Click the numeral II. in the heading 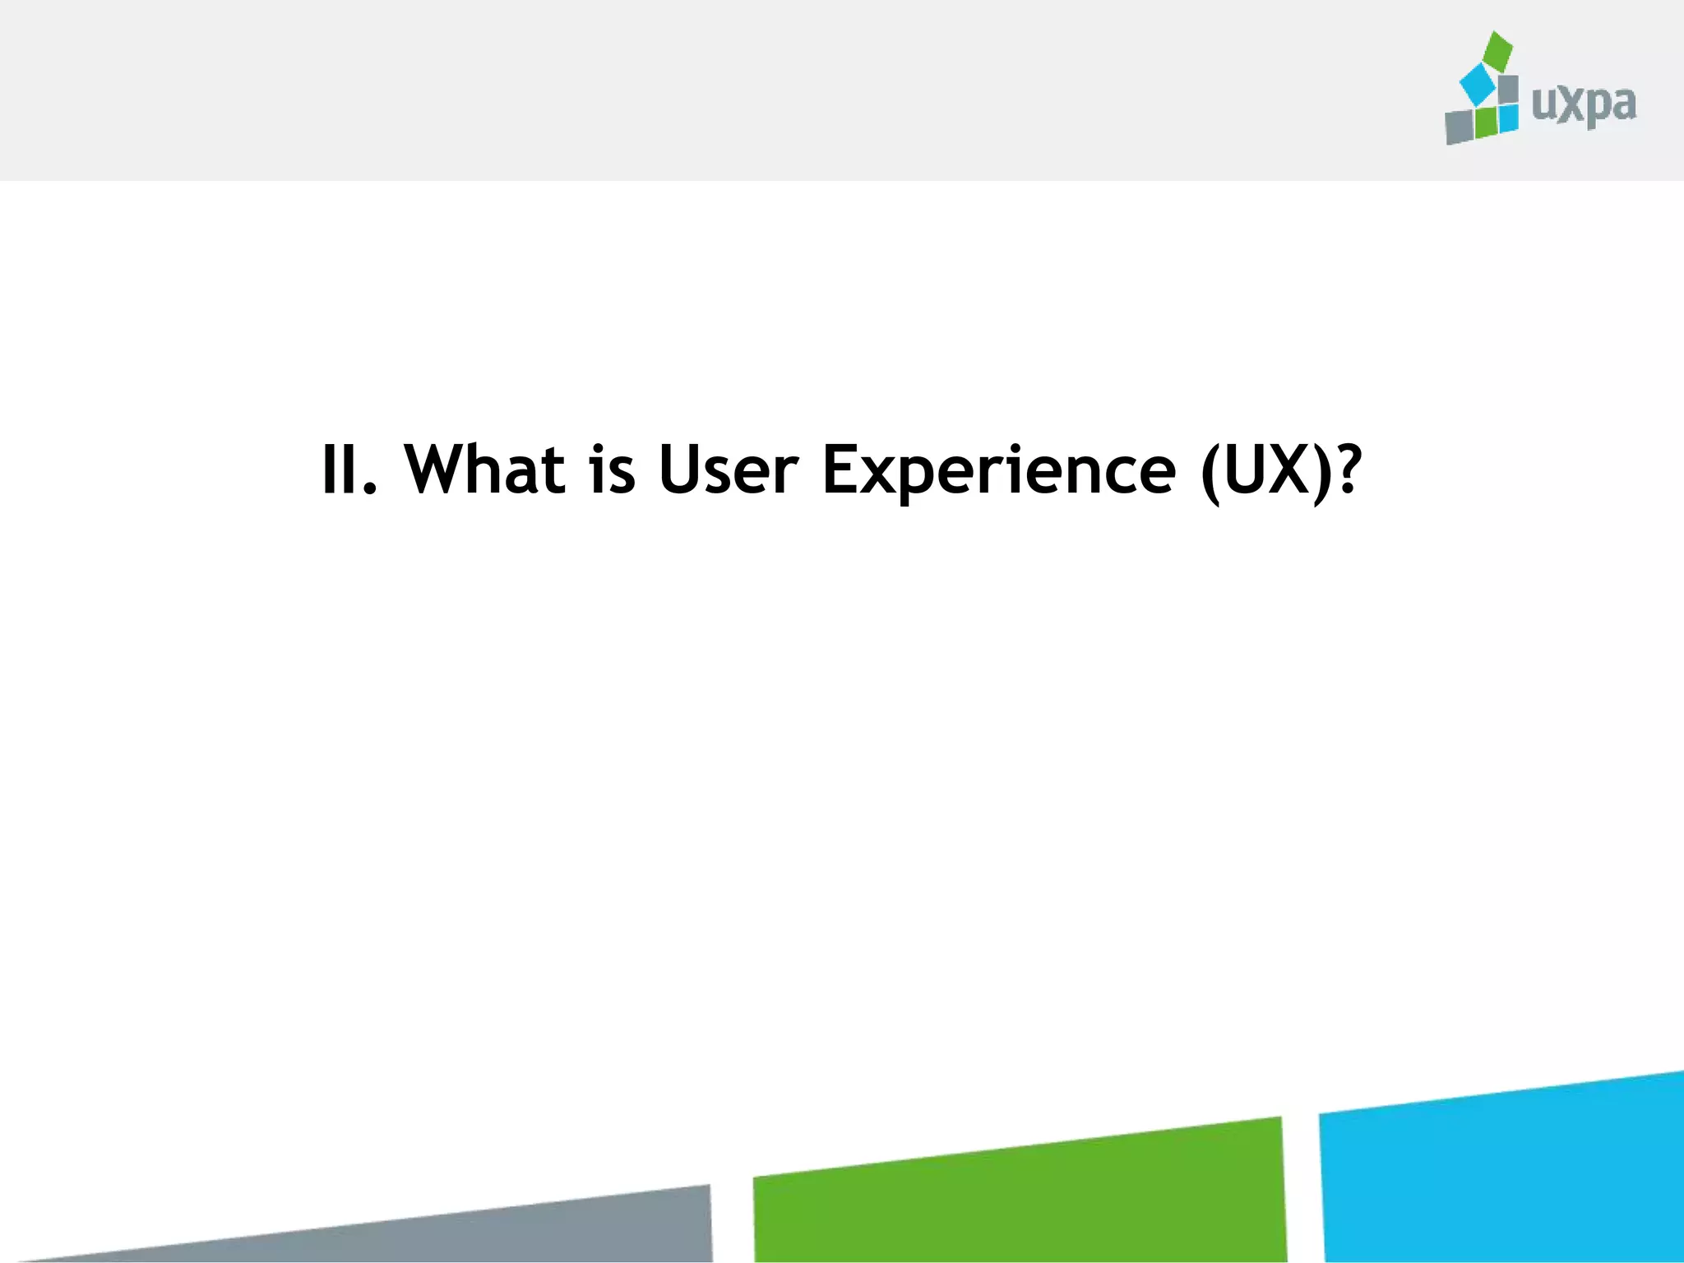tap(348, 470)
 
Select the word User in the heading tap(728, 470)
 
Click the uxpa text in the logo tap(1584, 105)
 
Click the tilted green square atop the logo tap(1497, 51)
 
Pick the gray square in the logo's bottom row tap(1460, 127)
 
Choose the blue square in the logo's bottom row tap(1507, 118)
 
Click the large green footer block tap(1020, 1196)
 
